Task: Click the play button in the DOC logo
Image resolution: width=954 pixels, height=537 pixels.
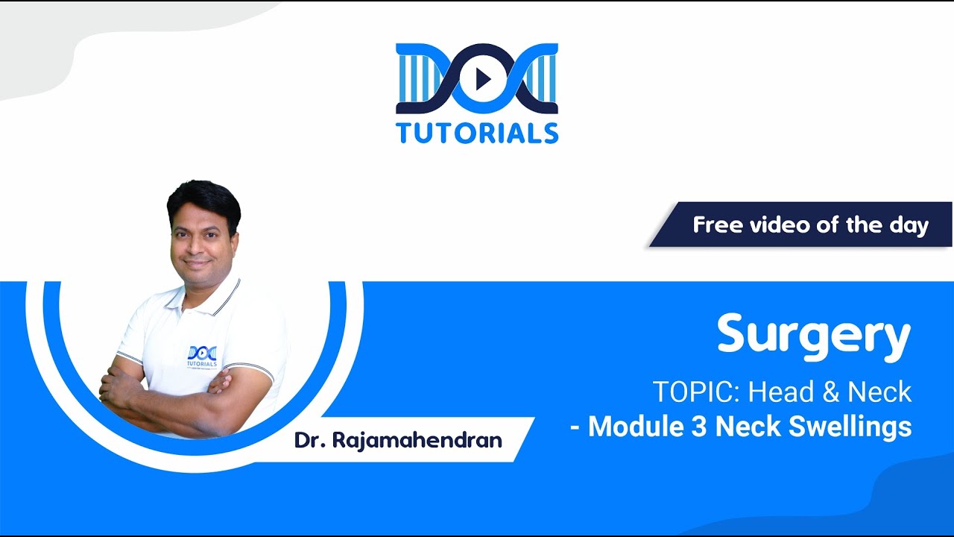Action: coord(482,78)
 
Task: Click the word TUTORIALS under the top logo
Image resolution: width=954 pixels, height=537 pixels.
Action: coord(477,133)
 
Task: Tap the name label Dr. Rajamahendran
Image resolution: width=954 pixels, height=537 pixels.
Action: coord(398,440)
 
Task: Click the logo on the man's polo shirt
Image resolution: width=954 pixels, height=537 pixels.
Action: coord(201,356)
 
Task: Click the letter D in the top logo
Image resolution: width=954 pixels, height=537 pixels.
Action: coord(419,78)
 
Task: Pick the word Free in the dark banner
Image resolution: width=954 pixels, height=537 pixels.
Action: coord(718,224)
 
